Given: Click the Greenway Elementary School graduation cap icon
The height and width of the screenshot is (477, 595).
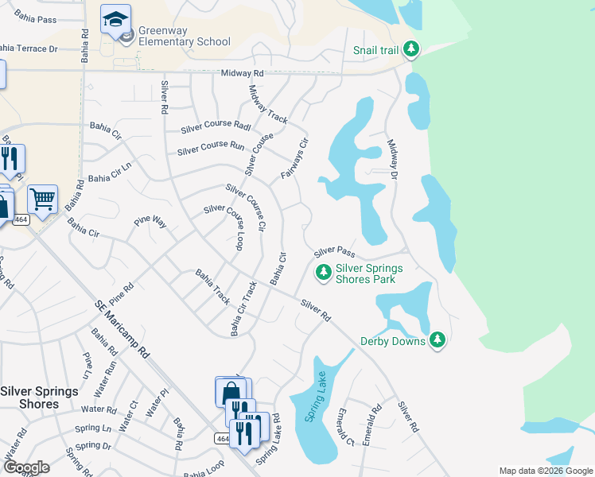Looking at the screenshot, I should pyautogui.click(x=115, y=18).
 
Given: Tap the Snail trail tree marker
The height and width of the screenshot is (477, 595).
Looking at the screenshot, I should pyautogui.click(x=411, y=49).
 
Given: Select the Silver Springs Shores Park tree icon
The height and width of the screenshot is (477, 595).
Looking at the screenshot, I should pyautogui.click(x=324, y=273).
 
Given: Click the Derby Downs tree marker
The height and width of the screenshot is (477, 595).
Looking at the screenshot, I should pyautogui.click(x=437, y=340).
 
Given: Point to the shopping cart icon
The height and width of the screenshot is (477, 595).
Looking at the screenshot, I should pyautogui.click(x=42, y=198).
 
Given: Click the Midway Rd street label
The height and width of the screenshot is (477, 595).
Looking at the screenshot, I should pyautogui.click(x=241, y=72).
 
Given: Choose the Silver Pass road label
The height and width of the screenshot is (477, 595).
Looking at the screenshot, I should pyautogui.click(x=333, y=251).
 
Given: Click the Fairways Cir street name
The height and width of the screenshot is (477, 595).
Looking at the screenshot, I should pyautogui.click(x=294, y=158).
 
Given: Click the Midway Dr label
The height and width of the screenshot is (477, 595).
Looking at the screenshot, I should pyautogui.click(x=392, y=160).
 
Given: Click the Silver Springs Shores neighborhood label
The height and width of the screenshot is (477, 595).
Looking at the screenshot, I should pyautogui.click(x=39, y=397).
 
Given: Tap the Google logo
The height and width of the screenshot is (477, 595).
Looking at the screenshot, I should pyautogui.click(x=26, y=467).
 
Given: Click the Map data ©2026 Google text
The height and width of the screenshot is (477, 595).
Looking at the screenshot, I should pyautogui.click(x=545, y=471).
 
